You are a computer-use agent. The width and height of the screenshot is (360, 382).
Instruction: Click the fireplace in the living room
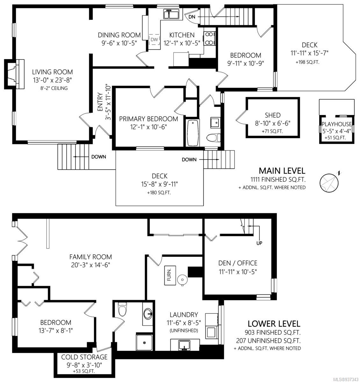click(x=14, y=74)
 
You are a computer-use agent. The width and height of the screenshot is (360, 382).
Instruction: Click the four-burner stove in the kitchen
click(x=209, y=39)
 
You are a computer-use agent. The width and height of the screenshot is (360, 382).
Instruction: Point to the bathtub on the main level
click(x=193, y=133)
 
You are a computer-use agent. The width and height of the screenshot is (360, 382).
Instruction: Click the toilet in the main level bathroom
click(x=213, y=138)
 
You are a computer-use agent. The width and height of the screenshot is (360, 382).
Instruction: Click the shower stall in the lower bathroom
click(x=144, y=343)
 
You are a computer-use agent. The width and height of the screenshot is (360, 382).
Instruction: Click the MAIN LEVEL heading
click(x=282, y=171)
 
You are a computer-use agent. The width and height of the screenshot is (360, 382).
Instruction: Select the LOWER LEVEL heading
click(x=274, y=324)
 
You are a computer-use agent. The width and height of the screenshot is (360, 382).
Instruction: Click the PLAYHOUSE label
click(x=337, y=124)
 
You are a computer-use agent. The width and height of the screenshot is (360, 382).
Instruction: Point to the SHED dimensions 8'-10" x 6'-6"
click(x=273, y=123)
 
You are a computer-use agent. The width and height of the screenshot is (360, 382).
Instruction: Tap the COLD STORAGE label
click(x=84, y=357)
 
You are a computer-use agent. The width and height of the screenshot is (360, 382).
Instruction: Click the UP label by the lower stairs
click(x=259, y=243)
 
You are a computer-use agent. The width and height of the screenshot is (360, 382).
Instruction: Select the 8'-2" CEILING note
click(x=54, y=88)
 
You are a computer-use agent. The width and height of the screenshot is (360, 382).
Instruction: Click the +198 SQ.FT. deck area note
click(x=308, y=62)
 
